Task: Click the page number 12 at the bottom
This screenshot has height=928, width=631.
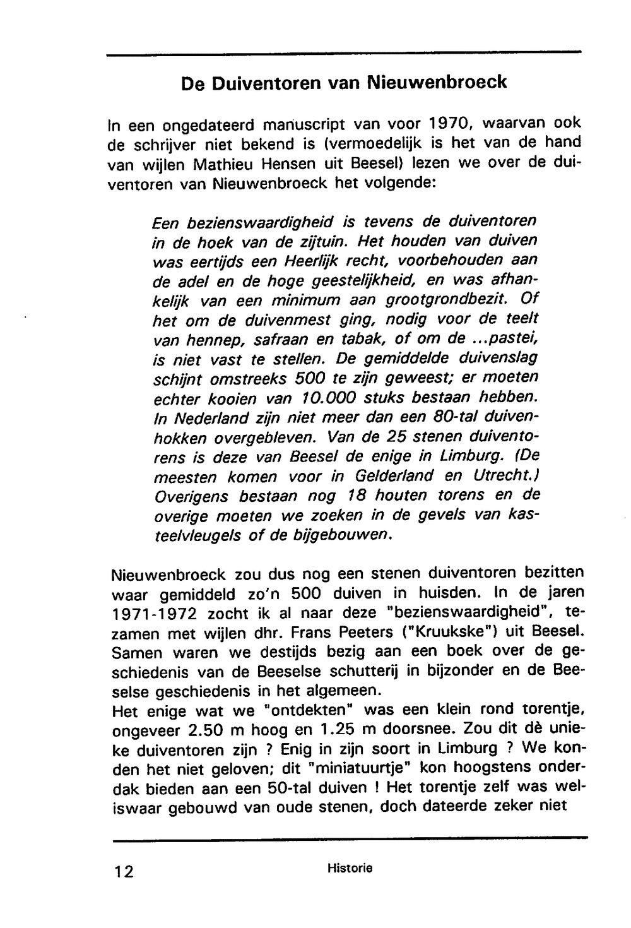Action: [x=124, y=872]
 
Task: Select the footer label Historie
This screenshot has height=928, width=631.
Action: [x=350, y=869]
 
